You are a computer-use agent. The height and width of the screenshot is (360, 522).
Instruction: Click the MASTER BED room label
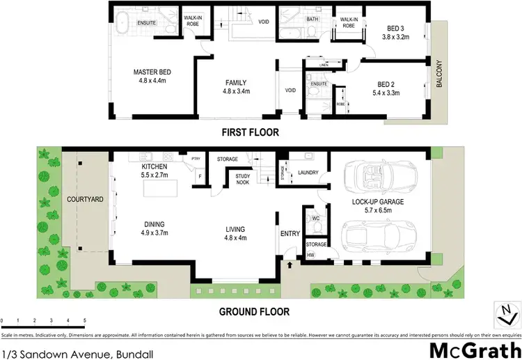point(152,71)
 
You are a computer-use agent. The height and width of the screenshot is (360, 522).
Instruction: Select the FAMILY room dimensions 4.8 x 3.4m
point(237,91)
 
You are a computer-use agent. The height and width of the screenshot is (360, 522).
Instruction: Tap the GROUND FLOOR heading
point(255,312)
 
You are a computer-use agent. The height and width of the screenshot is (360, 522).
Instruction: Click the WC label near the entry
point(315,218)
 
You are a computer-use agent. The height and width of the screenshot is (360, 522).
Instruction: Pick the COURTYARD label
point(85,199)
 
